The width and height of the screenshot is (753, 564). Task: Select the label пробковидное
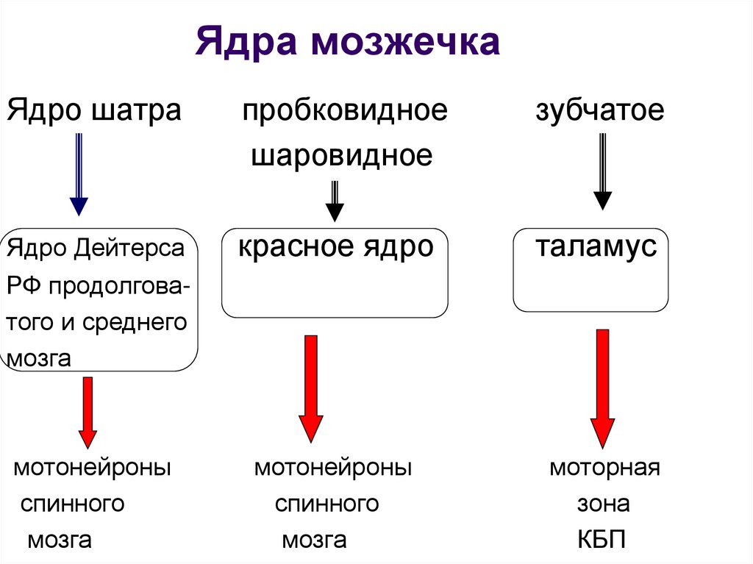pos(345,111)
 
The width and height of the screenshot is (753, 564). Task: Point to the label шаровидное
pos(341,155)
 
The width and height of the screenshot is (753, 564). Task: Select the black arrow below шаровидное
pos(335,201)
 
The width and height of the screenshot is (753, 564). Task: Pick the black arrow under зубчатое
pos(602,172)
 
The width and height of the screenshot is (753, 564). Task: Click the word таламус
pos(596,246)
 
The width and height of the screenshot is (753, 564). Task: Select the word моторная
pos(604,468)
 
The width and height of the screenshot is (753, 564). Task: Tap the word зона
pos(603,504)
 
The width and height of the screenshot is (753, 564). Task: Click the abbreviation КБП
pos(602,541)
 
